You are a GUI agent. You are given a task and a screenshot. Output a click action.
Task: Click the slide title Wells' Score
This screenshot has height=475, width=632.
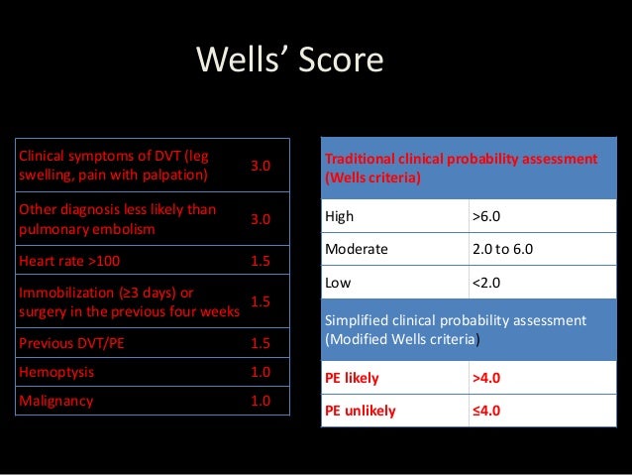click(289, 61)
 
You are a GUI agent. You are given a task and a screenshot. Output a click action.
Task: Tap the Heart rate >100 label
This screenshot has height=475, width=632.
click(64, 261)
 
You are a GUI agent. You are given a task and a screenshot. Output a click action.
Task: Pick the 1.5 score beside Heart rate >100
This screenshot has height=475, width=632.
click(261, 261)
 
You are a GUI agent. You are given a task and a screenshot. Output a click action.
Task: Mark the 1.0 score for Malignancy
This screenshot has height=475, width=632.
click(261, 401)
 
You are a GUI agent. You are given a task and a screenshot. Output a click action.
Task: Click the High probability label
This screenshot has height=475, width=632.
click(339, 215)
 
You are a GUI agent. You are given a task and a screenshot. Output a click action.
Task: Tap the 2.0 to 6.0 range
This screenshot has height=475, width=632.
click(502, 250)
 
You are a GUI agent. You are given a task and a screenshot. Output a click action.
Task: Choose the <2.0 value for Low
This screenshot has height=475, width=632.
click(486, 284)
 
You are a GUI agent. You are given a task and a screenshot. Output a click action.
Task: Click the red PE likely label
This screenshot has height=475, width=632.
click(352, 378)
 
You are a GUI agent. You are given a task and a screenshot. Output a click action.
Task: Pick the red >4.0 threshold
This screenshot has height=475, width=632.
click(486, 378)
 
